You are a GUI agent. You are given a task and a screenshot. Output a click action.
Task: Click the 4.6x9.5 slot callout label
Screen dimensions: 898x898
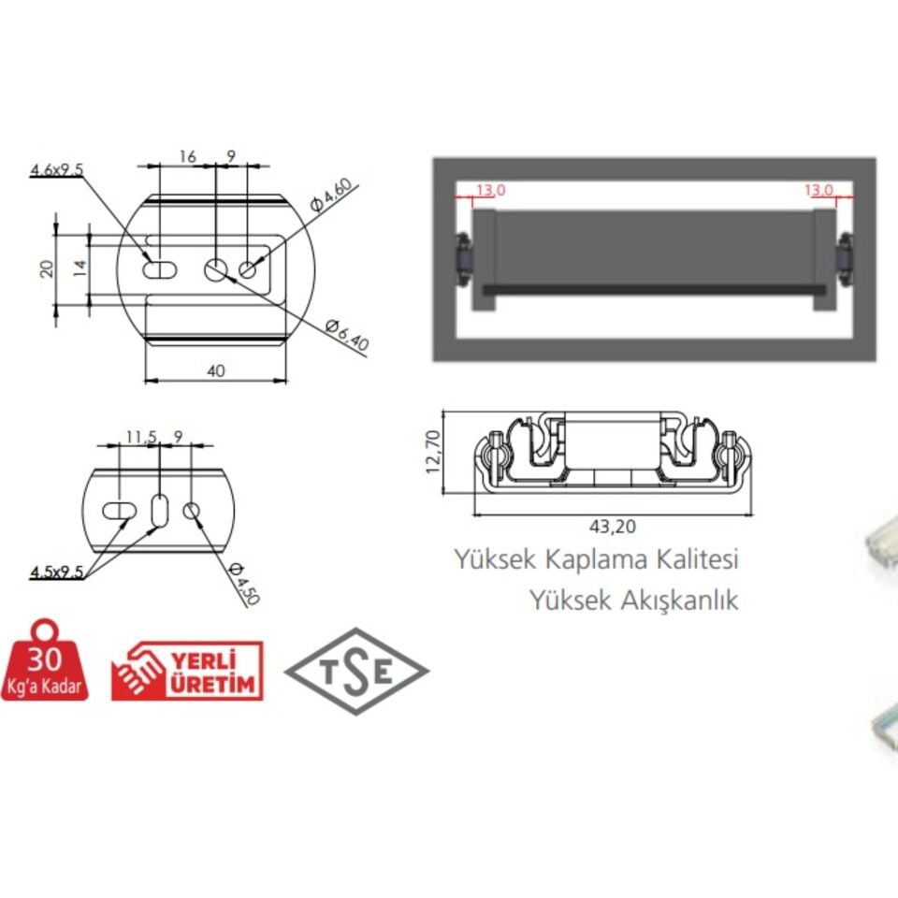[57, 169]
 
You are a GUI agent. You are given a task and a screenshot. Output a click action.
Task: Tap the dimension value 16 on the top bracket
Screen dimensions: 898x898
[187, 157]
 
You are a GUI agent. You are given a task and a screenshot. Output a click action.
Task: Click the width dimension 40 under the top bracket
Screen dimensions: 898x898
[215, 371]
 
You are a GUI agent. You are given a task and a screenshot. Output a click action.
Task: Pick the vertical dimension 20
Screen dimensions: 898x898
[47, 268]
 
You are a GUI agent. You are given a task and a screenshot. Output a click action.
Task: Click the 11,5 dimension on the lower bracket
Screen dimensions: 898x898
[140, 436]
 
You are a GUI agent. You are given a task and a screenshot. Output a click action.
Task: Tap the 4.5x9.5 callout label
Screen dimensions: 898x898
[56, 572]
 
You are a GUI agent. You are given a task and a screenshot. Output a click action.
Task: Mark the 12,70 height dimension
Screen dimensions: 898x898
[432, 452]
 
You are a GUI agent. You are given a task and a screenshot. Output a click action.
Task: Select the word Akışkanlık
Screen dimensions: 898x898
[678, 600]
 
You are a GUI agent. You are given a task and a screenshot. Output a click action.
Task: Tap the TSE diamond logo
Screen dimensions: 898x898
[356, 672]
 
